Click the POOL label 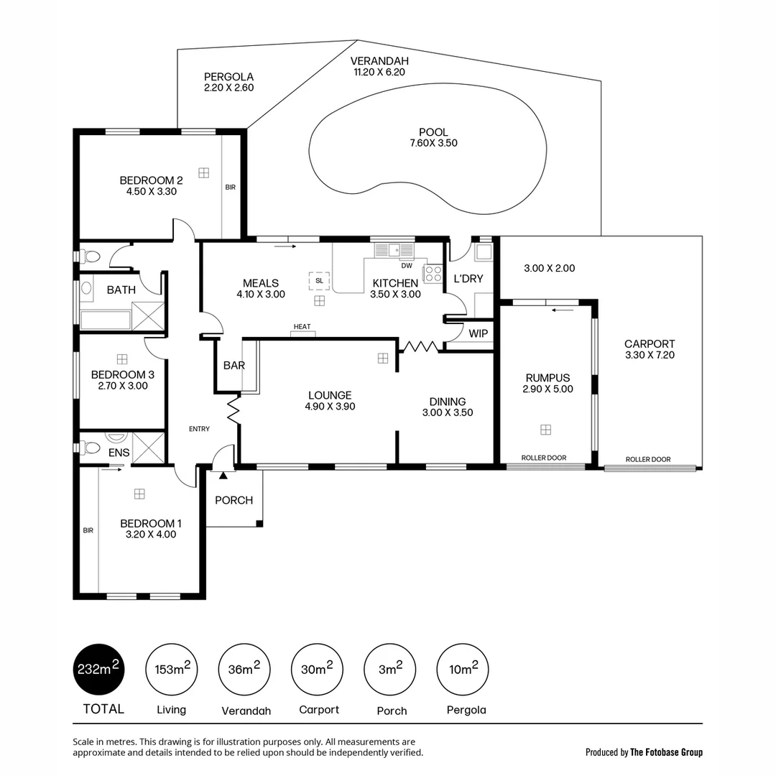(433, 132)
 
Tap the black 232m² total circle (98, 669)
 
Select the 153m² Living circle (171, 669)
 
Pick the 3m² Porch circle (390, 669)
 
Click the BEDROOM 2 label (147, 180)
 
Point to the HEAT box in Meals (302, 328)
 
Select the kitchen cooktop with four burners (433, 274)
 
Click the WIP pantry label (478, 334)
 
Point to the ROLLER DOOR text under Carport (648, 459)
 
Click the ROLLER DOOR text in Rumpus (543, 458)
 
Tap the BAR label (234, 366)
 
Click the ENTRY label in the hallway (199, 429)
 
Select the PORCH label (234, 500)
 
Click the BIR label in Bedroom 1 (88, 531)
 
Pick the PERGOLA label (228, 77)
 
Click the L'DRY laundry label (468, 279)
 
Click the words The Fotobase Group (666, 752)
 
